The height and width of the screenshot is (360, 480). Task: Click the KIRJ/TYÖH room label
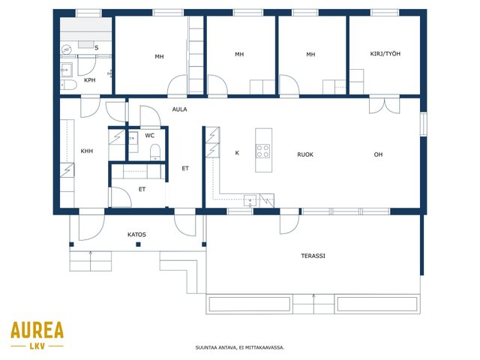[385, 54]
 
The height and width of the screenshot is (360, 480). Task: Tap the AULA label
[179, 109]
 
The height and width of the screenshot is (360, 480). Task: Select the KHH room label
[87, 151]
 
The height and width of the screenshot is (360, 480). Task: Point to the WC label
[150, 135]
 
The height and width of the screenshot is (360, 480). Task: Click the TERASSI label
[313, 256]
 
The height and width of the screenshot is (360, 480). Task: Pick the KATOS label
[136, 235]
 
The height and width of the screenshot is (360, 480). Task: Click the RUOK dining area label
[305, 154]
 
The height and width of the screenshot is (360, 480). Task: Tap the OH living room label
[378, 154]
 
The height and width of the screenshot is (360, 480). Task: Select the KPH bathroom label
[90, 80]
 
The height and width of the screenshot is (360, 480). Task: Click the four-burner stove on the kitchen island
[263, 151]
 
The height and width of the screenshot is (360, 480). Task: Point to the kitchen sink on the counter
[250, 200]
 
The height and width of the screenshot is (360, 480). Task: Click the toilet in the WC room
[155, 152]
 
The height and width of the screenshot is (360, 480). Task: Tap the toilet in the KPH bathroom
[68, 85]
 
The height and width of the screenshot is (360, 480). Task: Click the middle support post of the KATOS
[138, 244]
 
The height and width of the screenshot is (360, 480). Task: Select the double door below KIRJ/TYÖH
[385, 106]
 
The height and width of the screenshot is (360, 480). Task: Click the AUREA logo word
[37, 330]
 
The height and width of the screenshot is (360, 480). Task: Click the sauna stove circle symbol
[67, 49]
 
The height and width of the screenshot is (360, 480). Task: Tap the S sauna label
[97, 48]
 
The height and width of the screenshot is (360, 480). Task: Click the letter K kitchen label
[237, 153]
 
